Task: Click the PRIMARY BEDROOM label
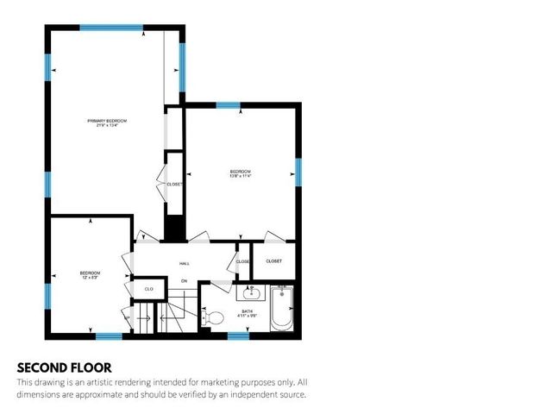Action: coord(107,122)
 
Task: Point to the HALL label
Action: coord(184,264)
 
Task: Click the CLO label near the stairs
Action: coord(148,289)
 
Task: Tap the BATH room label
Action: coord(247,312)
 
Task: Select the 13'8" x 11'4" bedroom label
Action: coord(240,173)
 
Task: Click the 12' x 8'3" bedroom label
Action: coord(90,275)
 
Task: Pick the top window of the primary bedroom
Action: coord(111,28)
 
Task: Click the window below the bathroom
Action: coord(238,336)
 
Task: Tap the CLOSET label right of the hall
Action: coord(273,260)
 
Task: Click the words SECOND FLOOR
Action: coord(64,367)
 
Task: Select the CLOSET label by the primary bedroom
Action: coord(174,184)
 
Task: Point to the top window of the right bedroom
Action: coord(228,105)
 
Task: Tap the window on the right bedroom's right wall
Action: coord(298,172)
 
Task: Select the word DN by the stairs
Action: coord(183,281)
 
